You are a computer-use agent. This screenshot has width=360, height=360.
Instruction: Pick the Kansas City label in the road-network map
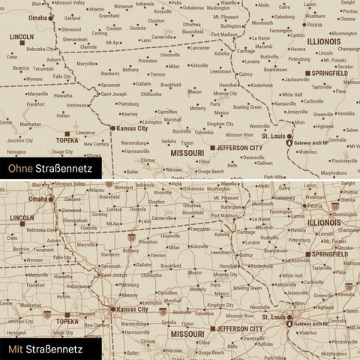tap(133, 308)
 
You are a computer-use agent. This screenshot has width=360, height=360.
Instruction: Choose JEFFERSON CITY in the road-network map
tap(240, 328)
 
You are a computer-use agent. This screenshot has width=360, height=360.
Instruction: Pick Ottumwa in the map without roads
tap(192, 23)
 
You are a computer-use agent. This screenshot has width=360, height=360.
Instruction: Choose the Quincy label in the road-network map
tap(245, 255)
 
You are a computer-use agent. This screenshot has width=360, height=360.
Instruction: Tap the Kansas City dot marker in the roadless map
tap(112, 128)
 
